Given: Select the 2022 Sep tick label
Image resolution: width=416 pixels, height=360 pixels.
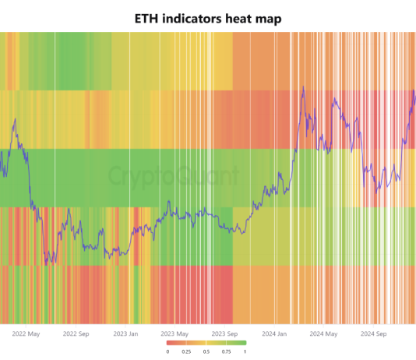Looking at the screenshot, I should (x=76, y=334).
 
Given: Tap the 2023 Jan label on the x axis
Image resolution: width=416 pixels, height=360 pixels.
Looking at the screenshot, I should (x=125, y=334).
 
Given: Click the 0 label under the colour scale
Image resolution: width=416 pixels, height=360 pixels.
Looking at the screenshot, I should (x=167, y=351).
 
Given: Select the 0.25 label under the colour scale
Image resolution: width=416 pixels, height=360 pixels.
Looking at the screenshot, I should (x=188, y=351).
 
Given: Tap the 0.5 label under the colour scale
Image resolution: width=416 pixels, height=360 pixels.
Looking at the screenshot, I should (x=207, y=351).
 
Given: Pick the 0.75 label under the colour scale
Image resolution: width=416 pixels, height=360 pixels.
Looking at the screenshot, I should (x=227, y=351).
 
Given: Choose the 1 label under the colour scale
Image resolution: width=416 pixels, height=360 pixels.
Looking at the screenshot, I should (x=246, y=351).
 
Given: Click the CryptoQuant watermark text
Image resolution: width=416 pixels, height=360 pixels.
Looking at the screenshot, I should (x=173, y=176).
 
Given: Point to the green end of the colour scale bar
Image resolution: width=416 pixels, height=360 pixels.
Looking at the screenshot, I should (x=243, y=343).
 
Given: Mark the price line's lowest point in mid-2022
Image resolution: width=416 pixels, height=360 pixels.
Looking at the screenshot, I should (x=46, y=263).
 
